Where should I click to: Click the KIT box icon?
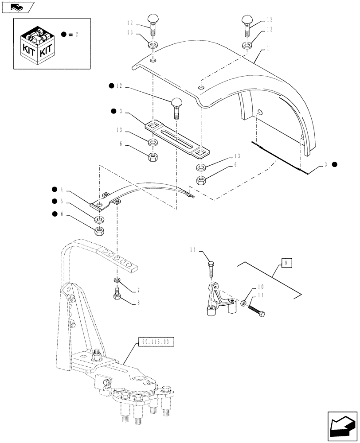[x=39, y=44]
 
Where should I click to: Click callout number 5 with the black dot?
[x=68, y=202]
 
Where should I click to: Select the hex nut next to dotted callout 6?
[x=99, y=230]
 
